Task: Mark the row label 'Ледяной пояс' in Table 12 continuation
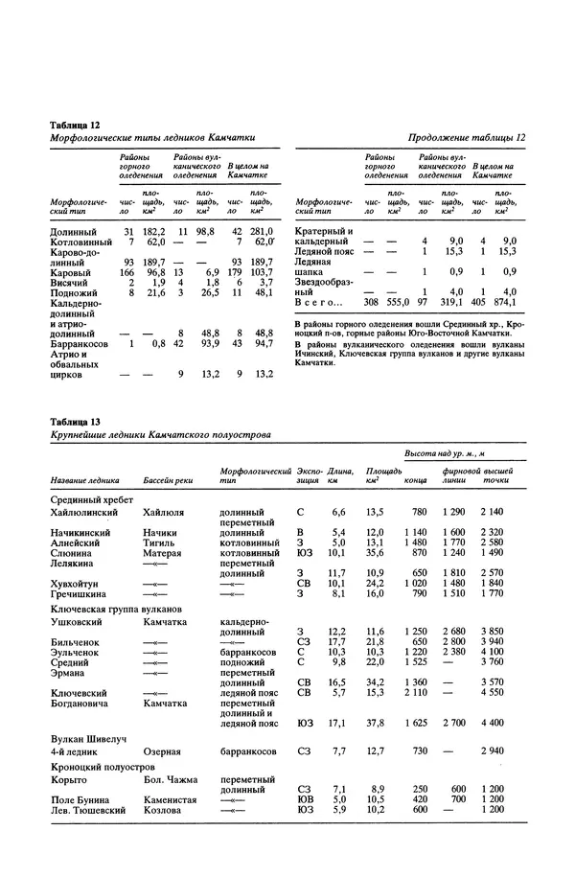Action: (327, 251)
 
